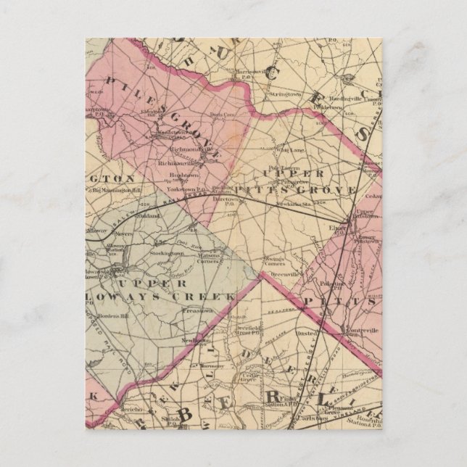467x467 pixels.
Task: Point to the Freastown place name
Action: [x=196, y=310]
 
